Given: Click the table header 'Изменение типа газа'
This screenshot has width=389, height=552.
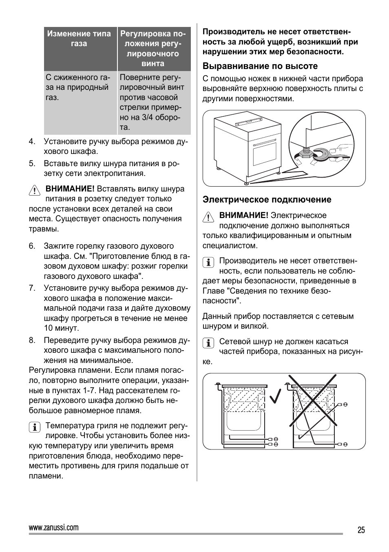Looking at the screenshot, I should [x=79, y=39].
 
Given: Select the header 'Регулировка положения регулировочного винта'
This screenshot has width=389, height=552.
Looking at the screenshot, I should [x=153, y=49].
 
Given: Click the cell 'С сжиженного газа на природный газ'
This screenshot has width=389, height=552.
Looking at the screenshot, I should [x=79, y=87].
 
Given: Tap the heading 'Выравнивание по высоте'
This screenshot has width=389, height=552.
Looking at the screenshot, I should [x=260, y=66].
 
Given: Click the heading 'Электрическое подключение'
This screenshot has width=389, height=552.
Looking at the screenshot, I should [x=267, y=200].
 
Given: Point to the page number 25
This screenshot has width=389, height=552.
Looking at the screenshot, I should [x=361, y=530].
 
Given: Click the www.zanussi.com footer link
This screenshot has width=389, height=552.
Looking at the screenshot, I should [x=54, y=528].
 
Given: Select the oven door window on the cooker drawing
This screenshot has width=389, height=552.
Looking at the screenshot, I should [x=265, y=154].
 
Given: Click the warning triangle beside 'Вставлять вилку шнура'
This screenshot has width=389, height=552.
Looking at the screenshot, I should [x=34, y=190].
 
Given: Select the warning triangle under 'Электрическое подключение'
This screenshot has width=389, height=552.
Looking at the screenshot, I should [x=208, y=217].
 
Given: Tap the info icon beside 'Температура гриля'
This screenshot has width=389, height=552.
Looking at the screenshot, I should [x=34, y=427].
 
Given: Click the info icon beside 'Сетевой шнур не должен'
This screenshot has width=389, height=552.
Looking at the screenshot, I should [x=208, y=343].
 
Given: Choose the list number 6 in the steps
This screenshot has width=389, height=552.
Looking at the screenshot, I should [x=32, y=246].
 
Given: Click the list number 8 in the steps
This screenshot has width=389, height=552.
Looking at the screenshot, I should [x=32, y=341].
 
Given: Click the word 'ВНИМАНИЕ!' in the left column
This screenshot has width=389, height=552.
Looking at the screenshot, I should [x=70, y=189].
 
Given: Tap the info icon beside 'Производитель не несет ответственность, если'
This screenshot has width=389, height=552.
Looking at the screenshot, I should [x=208, y=262].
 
